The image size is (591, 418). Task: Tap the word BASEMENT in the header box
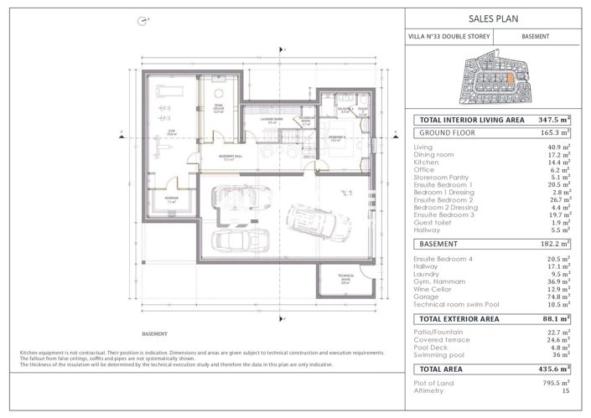tap(535, 37)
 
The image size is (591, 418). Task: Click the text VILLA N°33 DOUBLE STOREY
tap(449, 37)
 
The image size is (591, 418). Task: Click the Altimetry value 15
tap(566, 391)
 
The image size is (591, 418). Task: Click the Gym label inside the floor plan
tap(166, 132)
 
